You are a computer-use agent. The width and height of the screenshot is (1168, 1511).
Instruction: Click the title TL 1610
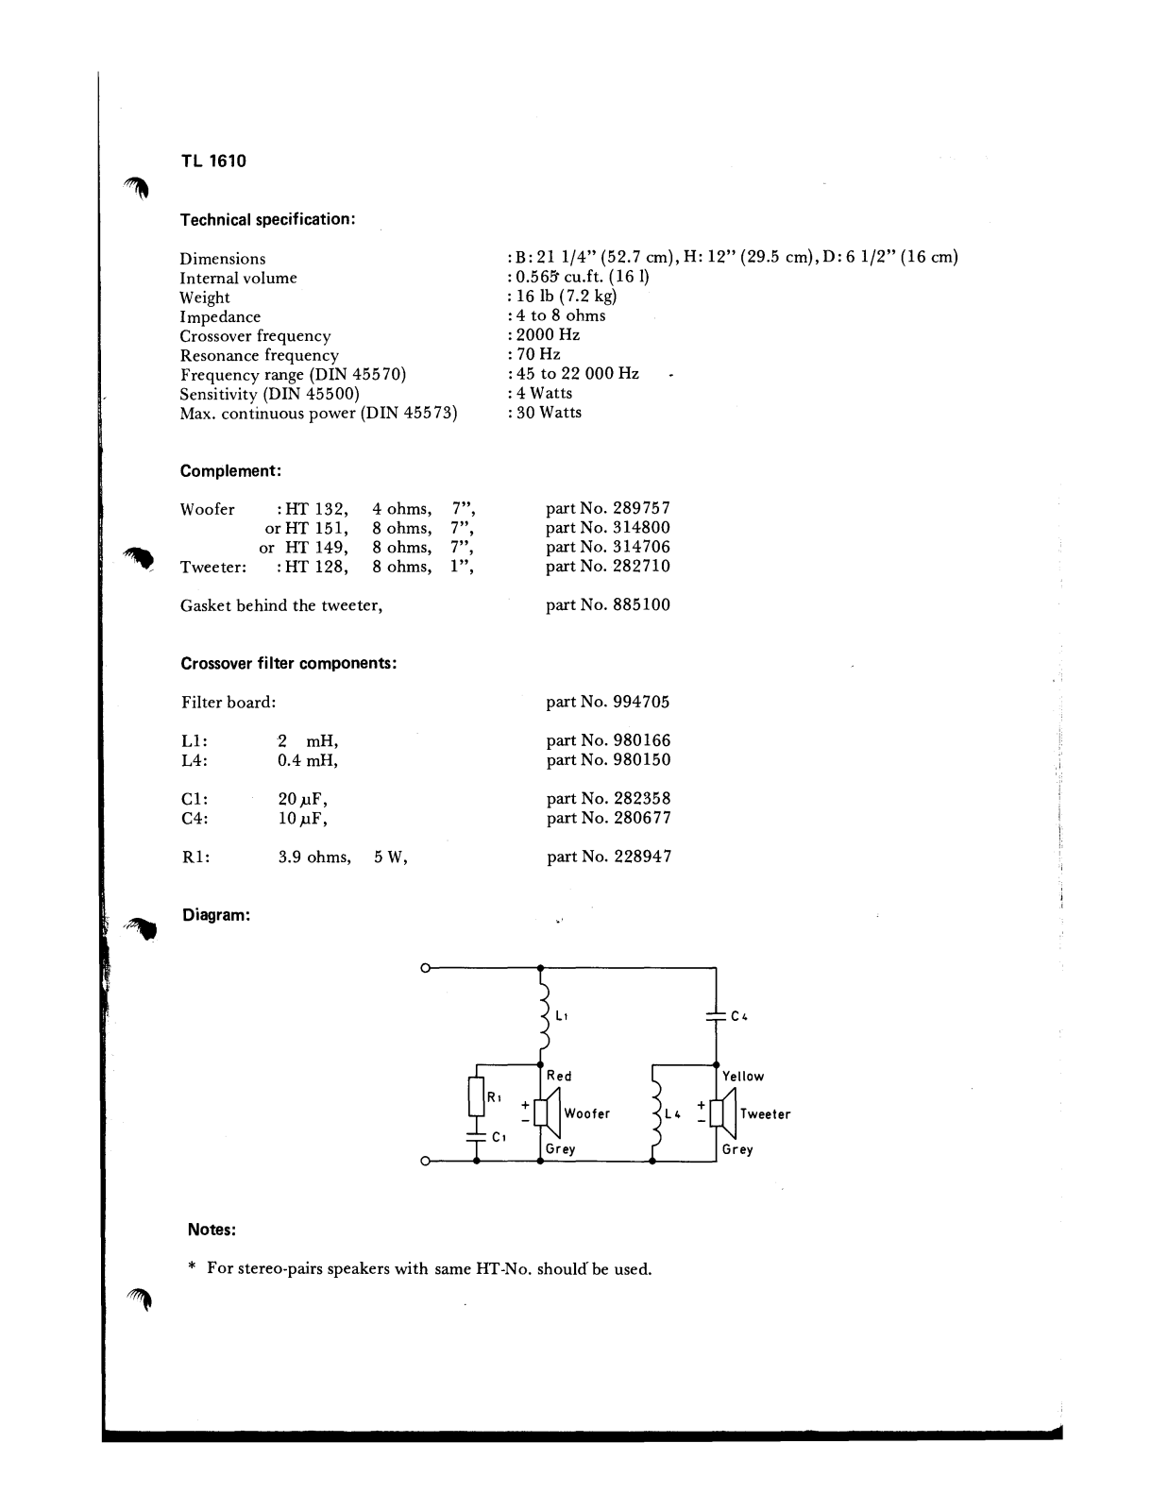click(x=213, y=161)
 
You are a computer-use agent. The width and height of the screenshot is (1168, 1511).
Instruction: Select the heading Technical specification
click(x=267, y=219)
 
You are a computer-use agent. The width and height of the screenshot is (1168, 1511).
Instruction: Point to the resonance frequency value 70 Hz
click(x=537, y=354)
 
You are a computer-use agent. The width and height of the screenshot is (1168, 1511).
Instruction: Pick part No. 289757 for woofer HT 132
click(x=608, y=508)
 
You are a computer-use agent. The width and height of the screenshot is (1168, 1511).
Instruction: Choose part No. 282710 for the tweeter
click(x=608, y=567)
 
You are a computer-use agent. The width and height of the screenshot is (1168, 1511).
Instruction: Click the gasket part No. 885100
click(x=608, y=605)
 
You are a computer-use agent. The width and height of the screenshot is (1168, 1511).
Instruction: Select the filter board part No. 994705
click(x=608, y=702)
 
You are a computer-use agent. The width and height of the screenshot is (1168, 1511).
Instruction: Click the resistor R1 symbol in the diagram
click(x=477, y=1096)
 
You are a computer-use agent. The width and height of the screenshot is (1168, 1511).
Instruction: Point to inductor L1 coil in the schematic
click(x=544, y=1015)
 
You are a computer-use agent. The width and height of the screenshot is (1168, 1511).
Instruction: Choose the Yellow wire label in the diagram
click(x=743, y=1077)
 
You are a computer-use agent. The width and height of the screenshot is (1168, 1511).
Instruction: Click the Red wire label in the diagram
click(x=559, y=1077)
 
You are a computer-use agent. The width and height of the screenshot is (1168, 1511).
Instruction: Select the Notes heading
click(x=212, y=1230)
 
